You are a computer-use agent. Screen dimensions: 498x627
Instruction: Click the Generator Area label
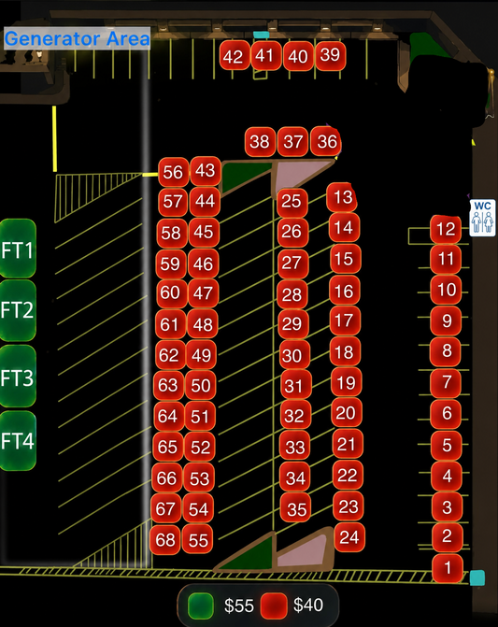(78, 38)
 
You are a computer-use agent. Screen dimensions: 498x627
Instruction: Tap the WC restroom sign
(482, 218)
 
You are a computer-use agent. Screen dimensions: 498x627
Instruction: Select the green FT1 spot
(18, 249)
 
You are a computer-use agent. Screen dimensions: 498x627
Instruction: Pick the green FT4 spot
(18, 440)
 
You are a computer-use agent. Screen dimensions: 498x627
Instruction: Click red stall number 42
(235, 55)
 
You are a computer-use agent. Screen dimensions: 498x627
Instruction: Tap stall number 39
(331, 55)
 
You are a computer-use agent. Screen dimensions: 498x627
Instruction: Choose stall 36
(326, 141)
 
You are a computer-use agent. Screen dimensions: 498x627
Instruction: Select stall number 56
(174, 172)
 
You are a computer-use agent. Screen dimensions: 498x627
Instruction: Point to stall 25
(292, 202)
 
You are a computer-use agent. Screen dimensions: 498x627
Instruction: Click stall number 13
(342, 197)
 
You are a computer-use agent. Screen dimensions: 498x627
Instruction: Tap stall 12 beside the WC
(446, 229)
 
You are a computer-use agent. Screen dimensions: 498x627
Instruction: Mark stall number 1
(448, 568)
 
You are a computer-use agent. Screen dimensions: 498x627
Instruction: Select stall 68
(165, 540)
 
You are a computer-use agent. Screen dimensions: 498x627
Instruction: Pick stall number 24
(349, 537)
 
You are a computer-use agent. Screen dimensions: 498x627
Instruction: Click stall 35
(296, 508)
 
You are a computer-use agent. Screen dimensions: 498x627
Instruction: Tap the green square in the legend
(201, 606)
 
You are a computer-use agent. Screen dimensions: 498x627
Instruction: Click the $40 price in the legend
(308, 605)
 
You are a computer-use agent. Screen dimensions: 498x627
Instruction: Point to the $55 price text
(238, 606)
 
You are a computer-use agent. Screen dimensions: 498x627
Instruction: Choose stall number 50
(200, 385)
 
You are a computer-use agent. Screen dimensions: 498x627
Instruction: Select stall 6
(446, 413)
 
